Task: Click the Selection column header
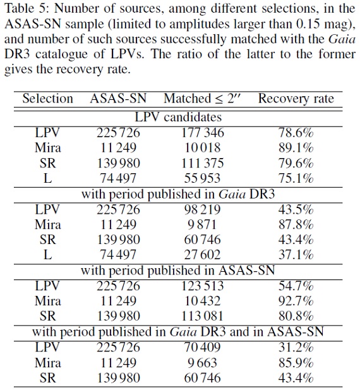click(x=47, y=99)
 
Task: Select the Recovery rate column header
click(x=296, y=99)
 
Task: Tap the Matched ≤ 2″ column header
click(x=201, y=99)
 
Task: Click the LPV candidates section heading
click(x=178, y=117)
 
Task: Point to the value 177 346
click(x=203, y=133)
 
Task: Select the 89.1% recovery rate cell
click(x=296, y=148)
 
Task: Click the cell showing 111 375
click(x=203, y=163)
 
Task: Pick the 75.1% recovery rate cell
click(x=296, y=178)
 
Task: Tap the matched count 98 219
click(x=203, y=209)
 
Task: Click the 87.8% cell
click(x=296, y=224)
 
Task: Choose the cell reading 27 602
click(x=203, y=255)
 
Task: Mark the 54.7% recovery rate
click(x=296, y=286)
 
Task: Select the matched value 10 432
click(x=203, y=301)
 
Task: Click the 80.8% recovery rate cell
click(x=296, y=316)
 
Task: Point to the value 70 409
click(x=203, y=347)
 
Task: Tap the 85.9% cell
click(x=296, y=363)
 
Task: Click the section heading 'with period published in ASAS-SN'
click(x=177, y=271)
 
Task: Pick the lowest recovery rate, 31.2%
click(x=296, y=347)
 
